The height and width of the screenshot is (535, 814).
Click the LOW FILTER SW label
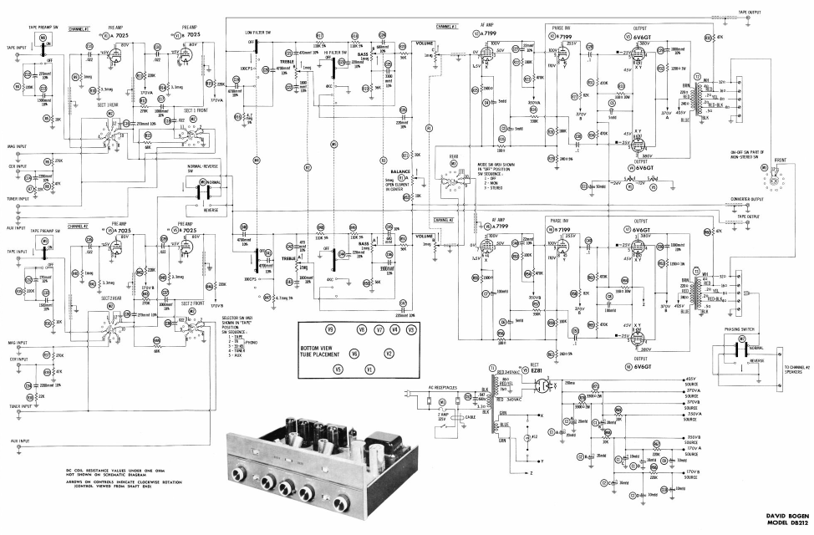(257, 32)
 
